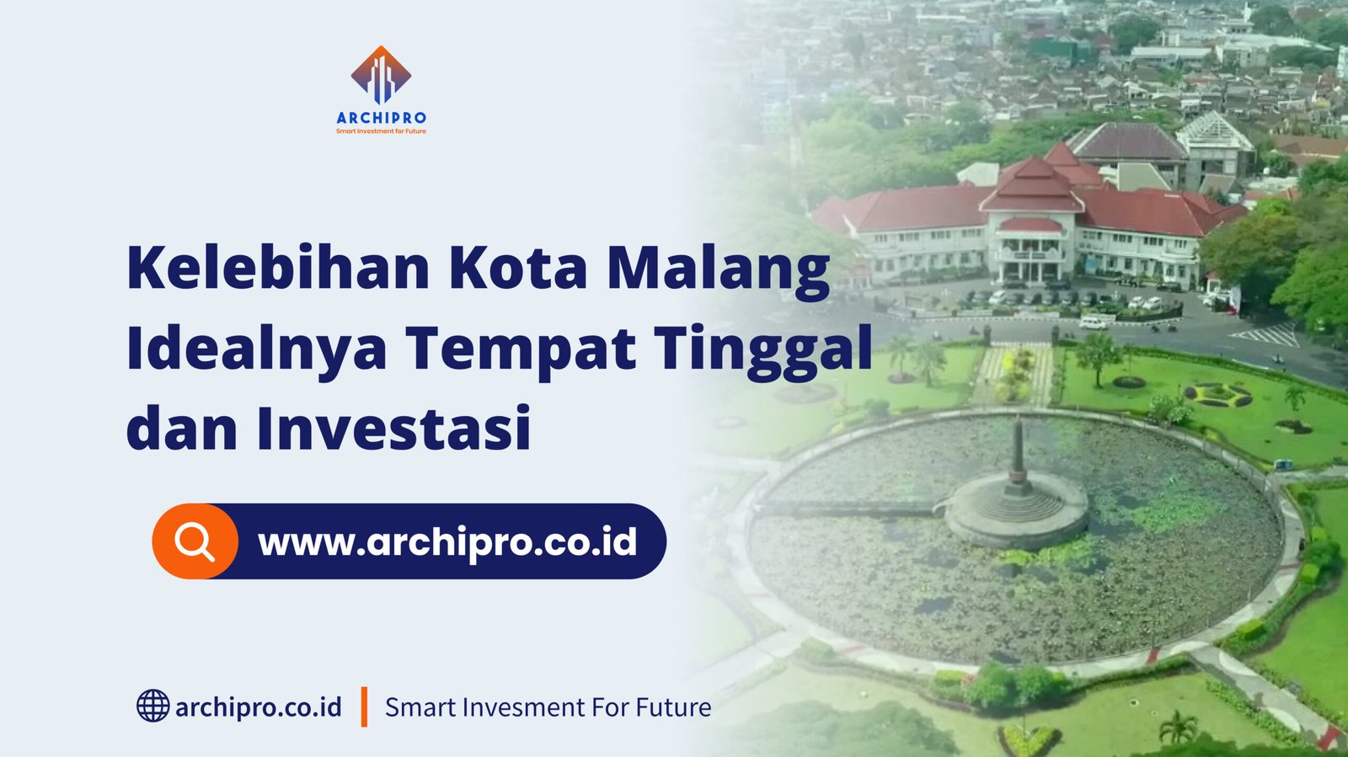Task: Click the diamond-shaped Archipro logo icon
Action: click(x=381, y=75)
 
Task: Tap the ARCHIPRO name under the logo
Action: click(x=381, y=118)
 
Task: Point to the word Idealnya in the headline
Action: click(x=256, y=350)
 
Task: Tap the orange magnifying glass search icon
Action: click(x=195, y=541)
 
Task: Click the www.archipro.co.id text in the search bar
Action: click(x=447, y=541)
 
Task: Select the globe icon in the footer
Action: click(x=152, y=706)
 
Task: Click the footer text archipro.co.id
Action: click(x=258, y=707)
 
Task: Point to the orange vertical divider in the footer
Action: click(x=364, y=707)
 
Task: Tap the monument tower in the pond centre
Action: click(x=1018, y=457)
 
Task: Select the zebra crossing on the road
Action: click(x=1265, y=334)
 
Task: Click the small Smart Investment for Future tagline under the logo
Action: click(x=381, y=131)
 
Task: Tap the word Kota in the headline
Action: click(x=517, y=268)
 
